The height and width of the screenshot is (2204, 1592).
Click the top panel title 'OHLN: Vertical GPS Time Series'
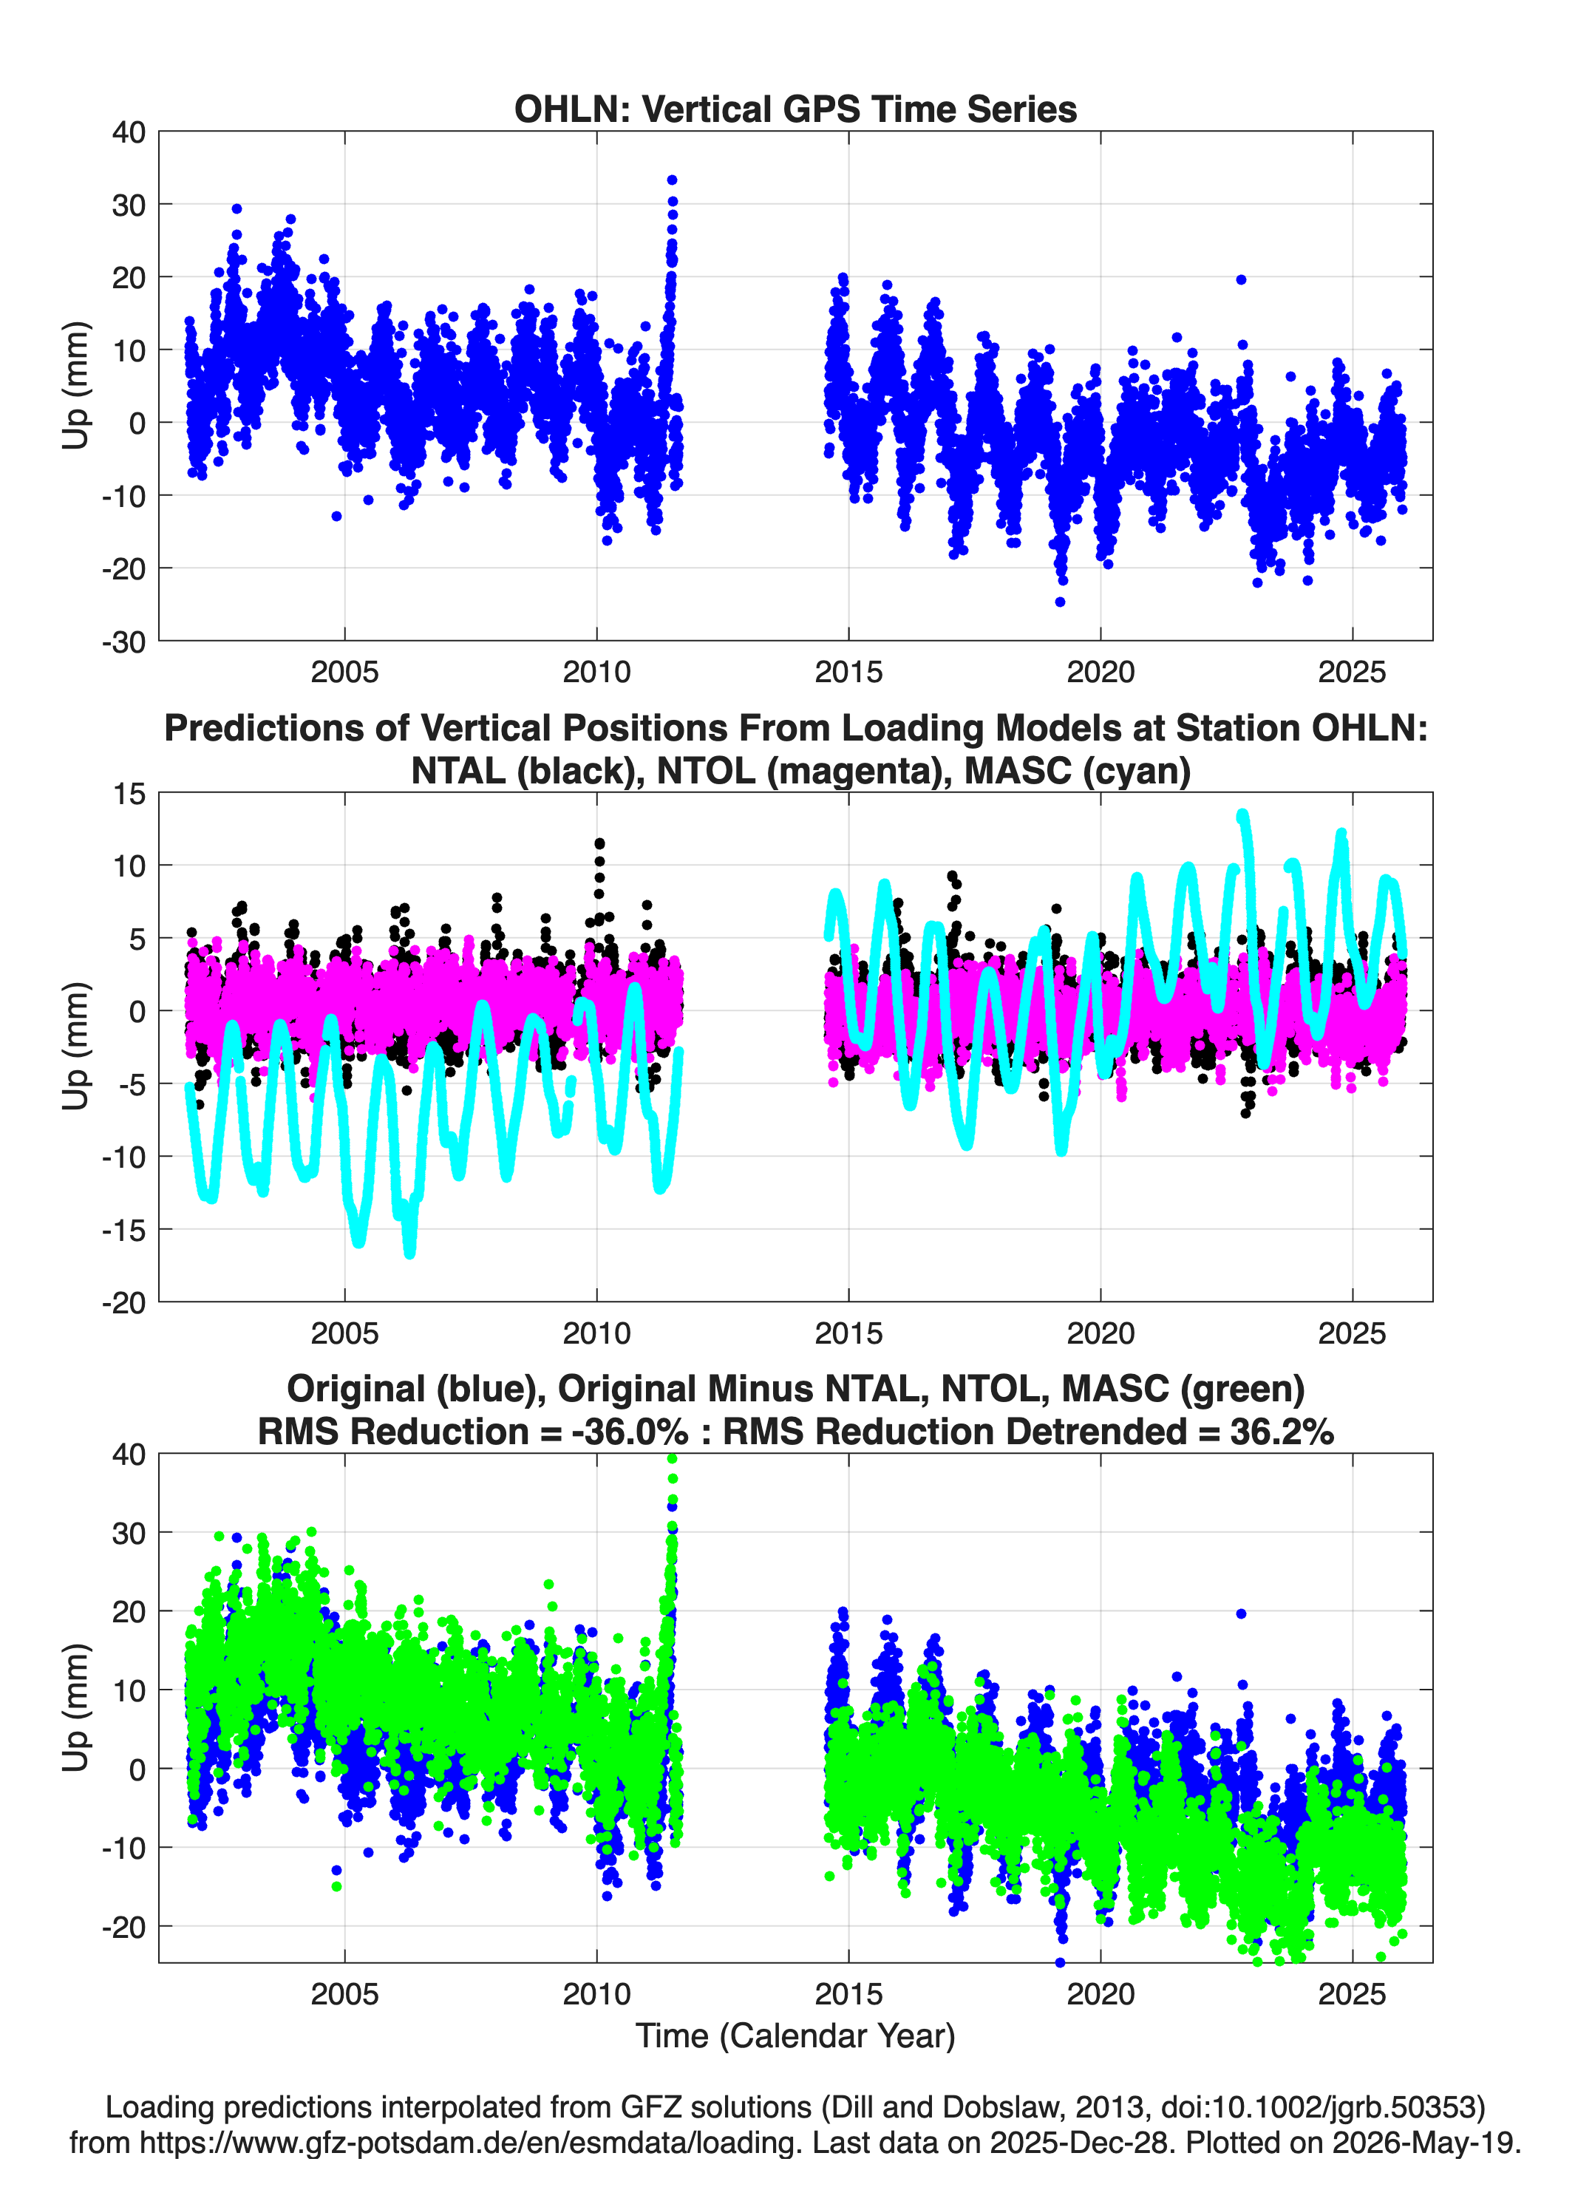click(795, 109)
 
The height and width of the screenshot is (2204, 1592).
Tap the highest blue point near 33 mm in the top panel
click(672, 180)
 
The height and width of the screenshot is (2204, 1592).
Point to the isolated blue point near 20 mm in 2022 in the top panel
click(1241, 280)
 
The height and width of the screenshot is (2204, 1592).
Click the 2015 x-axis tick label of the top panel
click(848, 672)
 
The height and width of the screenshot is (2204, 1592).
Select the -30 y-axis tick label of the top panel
click(123, 642)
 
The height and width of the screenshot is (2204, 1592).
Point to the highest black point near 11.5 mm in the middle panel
click(599, 843)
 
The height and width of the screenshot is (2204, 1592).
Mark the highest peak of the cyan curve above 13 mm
click(1242, 816)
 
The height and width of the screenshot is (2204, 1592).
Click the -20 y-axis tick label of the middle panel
click(123, 1302)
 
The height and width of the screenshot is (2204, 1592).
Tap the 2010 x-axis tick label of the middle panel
click(596, 1333)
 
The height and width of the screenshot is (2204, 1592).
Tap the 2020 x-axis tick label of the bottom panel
click(1101, 1994)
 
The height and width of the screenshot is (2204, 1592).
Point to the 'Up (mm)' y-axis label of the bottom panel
click(76, 1707)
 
